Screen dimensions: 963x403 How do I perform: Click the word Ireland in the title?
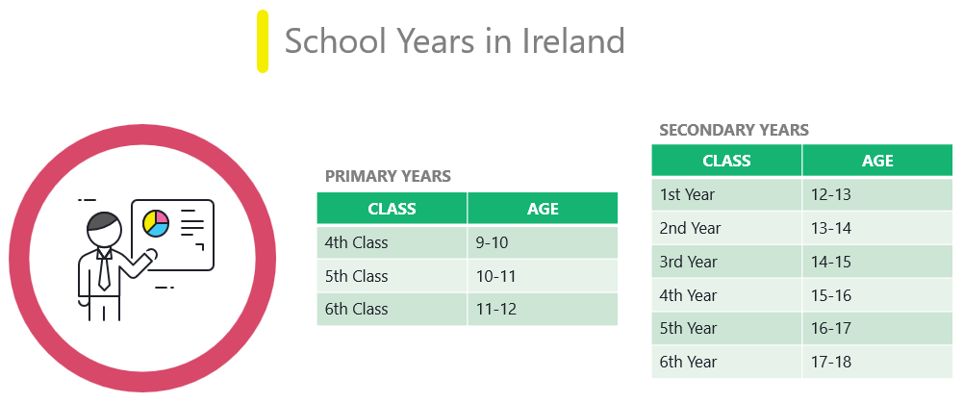coord(573,41)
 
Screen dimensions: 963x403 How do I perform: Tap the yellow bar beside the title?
coord(263,41)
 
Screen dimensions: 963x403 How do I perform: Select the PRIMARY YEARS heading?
coord(388,176)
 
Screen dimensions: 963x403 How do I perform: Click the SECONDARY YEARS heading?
coord(734,130)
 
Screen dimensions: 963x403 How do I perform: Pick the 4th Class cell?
coord(392,242)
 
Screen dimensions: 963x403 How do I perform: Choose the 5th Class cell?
coord(392,276)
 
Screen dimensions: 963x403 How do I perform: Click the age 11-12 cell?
coord(543,309)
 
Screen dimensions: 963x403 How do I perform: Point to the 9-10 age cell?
coord(543,242)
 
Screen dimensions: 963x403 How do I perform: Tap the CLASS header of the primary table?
coord(392,209)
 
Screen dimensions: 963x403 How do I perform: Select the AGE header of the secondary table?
coord(877,161)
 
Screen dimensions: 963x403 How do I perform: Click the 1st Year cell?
coord(726,194)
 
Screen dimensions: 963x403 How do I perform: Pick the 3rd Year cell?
coord(726,262)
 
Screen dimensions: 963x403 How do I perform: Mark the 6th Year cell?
coord(726,362)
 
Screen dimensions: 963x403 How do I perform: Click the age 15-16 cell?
coord(877,295)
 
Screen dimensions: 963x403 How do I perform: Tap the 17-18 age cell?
coord(877,362)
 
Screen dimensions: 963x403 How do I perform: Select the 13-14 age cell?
coord(877,228)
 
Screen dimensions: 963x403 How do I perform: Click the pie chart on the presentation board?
coord(156,223)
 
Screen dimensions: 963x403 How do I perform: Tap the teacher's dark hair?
coord(103,221)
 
